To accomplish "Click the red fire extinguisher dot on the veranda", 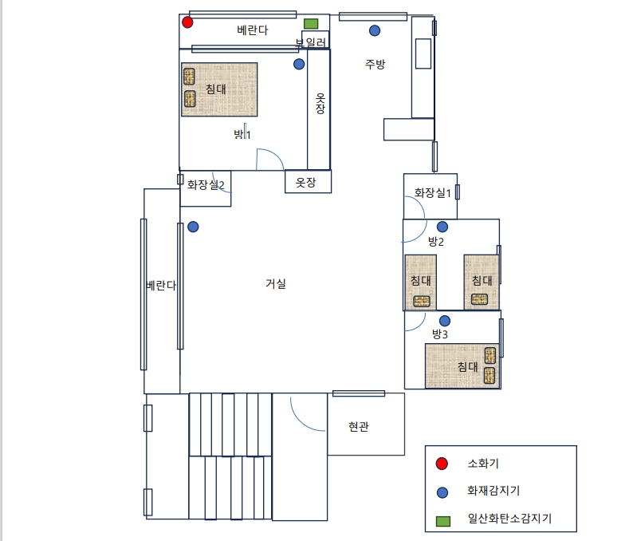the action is coord(187,22).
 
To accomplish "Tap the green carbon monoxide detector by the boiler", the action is coord(311,24).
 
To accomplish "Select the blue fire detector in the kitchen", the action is coord(375,30).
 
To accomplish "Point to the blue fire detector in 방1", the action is coord(299,65).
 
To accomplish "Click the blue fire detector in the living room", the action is coord(194,227).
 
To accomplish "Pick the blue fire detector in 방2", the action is coord(442,227).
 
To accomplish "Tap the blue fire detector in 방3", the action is coord(445,321).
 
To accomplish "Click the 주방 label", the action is coord(375,64).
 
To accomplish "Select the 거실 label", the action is coord(276,283).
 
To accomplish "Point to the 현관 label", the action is coord(359,426).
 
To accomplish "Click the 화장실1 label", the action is coord(432,193).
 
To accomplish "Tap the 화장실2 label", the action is coord(206,184).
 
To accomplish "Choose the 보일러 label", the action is coord(310,42).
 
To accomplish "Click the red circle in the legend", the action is coord(442,464).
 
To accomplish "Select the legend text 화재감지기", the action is coord(493,491).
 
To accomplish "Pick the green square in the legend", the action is coord(443,521).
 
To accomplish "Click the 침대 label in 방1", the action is coord(216,89).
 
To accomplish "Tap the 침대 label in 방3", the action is coord(467,367).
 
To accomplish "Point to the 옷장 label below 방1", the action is coord(305,182).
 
